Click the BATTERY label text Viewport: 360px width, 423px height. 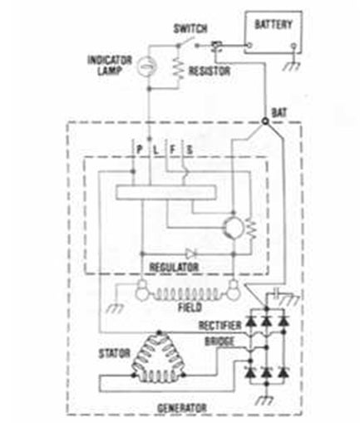tap(274, 24)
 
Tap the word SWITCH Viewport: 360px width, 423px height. tap(190, 28)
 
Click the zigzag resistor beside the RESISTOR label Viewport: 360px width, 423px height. tap(178, 68)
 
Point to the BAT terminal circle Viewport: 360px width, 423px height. tap(265, 121)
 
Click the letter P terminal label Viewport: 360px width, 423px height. tap(140, 150)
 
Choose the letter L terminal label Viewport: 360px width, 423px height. tap(155, 150)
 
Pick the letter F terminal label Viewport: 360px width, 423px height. tap(172, 150)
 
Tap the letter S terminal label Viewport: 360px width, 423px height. tap(190, 150)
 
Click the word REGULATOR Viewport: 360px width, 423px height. tap(174, 268)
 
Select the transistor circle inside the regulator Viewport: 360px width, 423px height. tap(234, 228)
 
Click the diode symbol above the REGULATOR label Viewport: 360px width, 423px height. tap(190, 253)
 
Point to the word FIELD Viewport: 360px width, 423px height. tap(190, 307)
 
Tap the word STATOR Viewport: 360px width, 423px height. tap(115, 354)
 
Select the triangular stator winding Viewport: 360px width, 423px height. tap(158, 357)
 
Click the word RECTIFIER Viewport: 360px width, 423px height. tap(220, 325)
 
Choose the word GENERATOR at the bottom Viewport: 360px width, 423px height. tap(182, 408)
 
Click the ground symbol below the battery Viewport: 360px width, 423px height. tap(292, 66)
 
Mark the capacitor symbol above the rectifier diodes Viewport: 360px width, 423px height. tap(277, 294)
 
